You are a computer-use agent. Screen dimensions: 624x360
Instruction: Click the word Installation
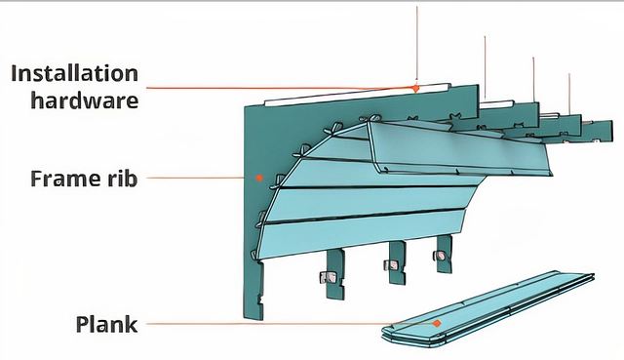pyautogui.click(x=74, y=74)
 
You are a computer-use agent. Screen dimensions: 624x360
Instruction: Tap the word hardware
pyautogui.click(x=85, y=100)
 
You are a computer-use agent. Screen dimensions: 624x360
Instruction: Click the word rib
pyautogui.click(x=122, y=179)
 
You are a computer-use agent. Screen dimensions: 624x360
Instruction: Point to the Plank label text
pyautogui.click(x=106, y=324)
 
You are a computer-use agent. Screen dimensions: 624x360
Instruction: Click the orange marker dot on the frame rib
pyautogui.click(x=259, y=178)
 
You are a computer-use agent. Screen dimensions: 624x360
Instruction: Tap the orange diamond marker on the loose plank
pyautogui.click(x=437, y=323)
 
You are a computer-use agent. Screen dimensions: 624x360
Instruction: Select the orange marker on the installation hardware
pyautogui.click(x=415, y=88)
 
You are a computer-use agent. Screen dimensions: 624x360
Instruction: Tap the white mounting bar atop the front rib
pyautogui.click(x=358, y=95)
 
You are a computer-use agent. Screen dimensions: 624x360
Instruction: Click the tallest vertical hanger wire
pyautogui.click(x=417, y=45)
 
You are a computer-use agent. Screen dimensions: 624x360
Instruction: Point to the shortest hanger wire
pyautogui.click(x=569, y=94)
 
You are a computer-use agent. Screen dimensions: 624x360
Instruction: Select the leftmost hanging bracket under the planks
pyautogui.click(x=334, y=275)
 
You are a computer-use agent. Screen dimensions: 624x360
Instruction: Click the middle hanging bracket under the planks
pyautogui.click(x=397, y=262)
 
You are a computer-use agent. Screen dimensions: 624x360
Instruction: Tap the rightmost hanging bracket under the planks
pyautogui.click(x=444, y=254)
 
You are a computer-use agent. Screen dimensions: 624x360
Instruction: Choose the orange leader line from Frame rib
pyautogui.click(x=195, y=178)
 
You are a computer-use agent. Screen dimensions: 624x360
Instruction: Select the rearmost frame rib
pyautogui.click(x=597, y=131)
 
